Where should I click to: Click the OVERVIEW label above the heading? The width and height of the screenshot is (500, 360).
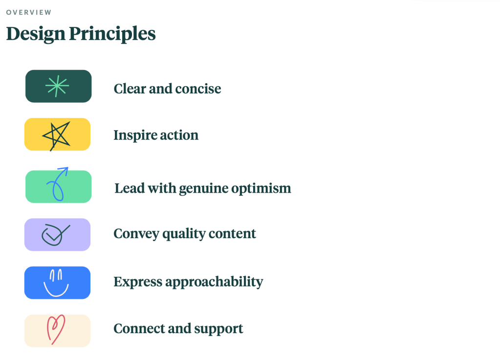click(x=29, y=12)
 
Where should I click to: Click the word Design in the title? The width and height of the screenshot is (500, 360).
click(x=36, y=34)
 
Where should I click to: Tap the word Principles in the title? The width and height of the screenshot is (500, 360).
click(x=112, y=34)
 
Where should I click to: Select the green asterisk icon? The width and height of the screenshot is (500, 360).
click(x=57, y=86)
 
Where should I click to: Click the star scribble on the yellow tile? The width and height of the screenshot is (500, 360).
click(x=57, y=135)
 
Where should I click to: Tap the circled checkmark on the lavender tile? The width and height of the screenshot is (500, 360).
click(x=55, y=235)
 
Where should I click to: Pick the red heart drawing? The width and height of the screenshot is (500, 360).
click(x=56, y=330)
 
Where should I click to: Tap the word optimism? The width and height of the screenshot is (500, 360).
click(x=261, y=189)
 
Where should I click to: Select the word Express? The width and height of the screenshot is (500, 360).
click(x=138, y=282)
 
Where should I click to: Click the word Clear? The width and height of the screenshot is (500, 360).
click(x=130, y=89)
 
